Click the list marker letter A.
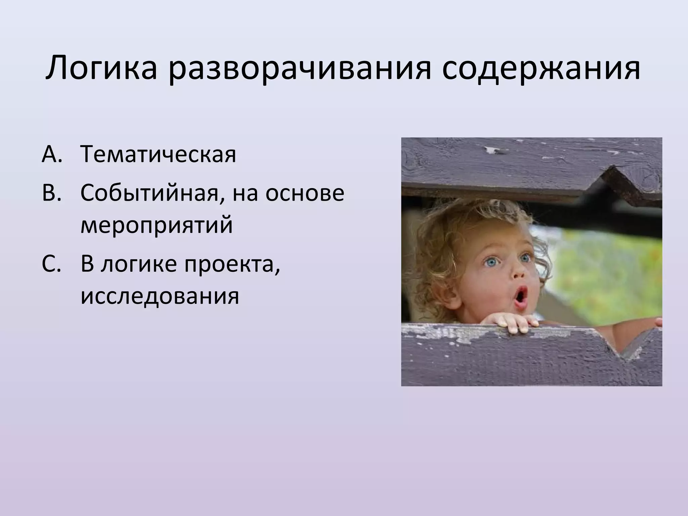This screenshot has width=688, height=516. [x=50, y=154]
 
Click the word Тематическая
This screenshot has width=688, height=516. [x=158, y=154]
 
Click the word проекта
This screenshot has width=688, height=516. [x=232, y=265]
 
